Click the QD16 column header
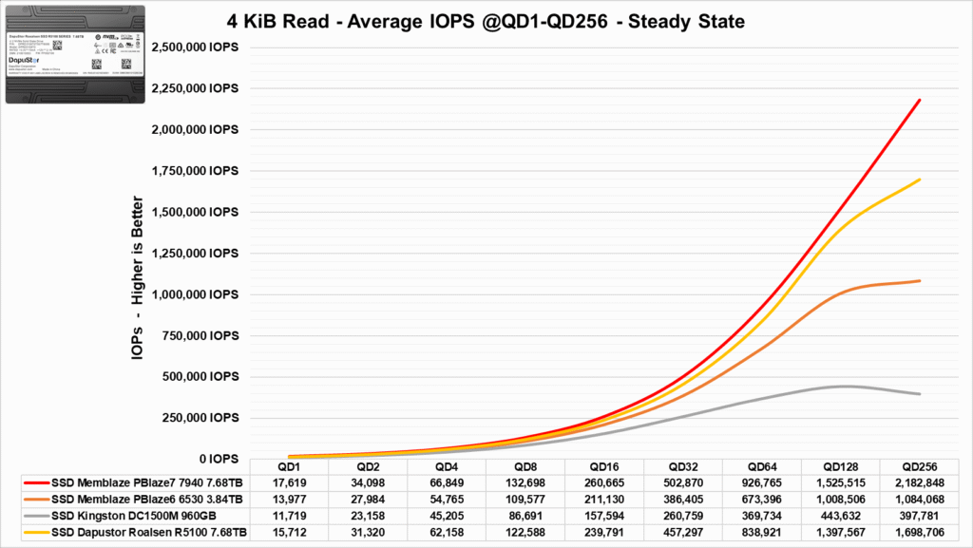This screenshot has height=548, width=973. click(604, 466)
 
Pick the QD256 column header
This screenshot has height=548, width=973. click(920, 466)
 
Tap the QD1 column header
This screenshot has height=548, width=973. click(289, 466)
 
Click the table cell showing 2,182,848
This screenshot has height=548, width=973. click(920, 482)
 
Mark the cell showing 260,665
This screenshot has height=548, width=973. click(604, 482)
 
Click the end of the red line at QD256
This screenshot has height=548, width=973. click(920, 100)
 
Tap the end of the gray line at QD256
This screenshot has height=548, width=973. click(920, 393)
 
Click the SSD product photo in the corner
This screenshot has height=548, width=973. click(77, 54)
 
